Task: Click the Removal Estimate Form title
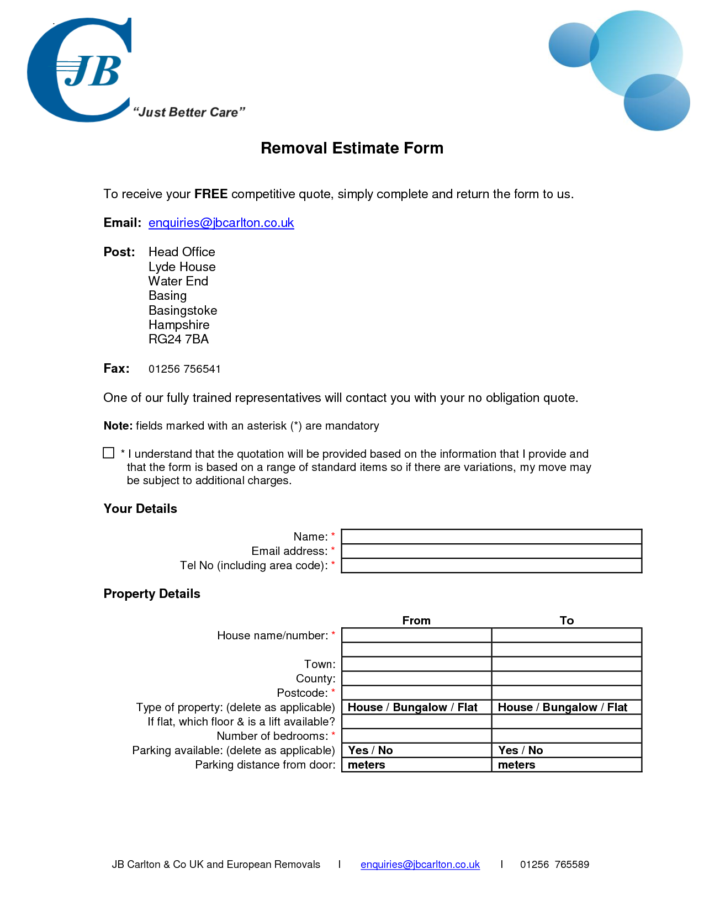(x=352, y=148)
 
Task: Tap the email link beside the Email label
(x=221, y=223)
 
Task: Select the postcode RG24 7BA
(x=178, y=339)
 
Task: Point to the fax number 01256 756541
(x=184, y=369)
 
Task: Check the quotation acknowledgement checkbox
(x=109, y=453)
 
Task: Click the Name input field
(x=491, y=536)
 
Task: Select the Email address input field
(x=491, y=550)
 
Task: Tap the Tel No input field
(x=491, y=565)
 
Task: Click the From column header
(x=416, y=620)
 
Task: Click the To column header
(x=567, y=620)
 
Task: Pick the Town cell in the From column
(x=416, y=664)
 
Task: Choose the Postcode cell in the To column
(x=567, y=692)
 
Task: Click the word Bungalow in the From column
(x=420, y=707)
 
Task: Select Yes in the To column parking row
(x=508, y=750)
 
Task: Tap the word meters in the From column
(x=366, y=765)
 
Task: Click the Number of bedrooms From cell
(x=416, y=735)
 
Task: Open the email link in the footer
(x=420, y=864)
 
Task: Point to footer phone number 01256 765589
(x=554, y=864)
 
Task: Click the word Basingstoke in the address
(x=183, y=310)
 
